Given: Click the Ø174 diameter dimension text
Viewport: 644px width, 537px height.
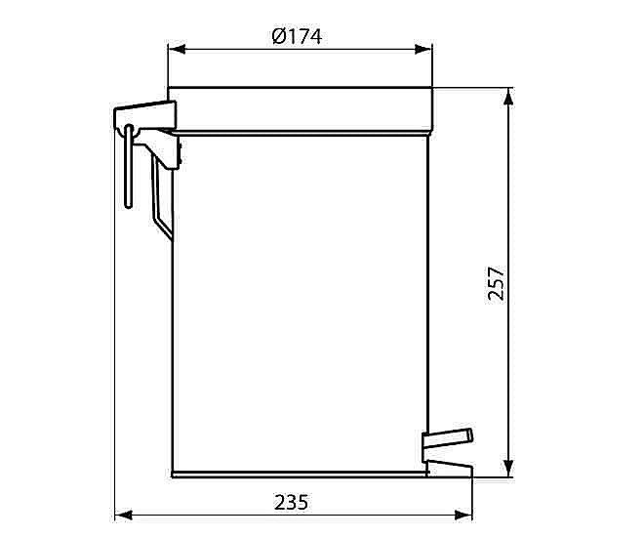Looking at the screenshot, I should click(297, 36).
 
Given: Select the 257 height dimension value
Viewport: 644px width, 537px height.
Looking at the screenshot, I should click(496, 283).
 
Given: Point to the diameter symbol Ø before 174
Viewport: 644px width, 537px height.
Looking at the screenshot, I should click(277, 36).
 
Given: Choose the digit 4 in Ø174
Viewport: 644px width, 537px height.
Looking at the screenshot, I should click(314, 36).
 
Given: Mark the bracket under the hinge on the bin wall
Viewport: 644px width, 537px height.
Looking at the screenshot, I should click(168, 151).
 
